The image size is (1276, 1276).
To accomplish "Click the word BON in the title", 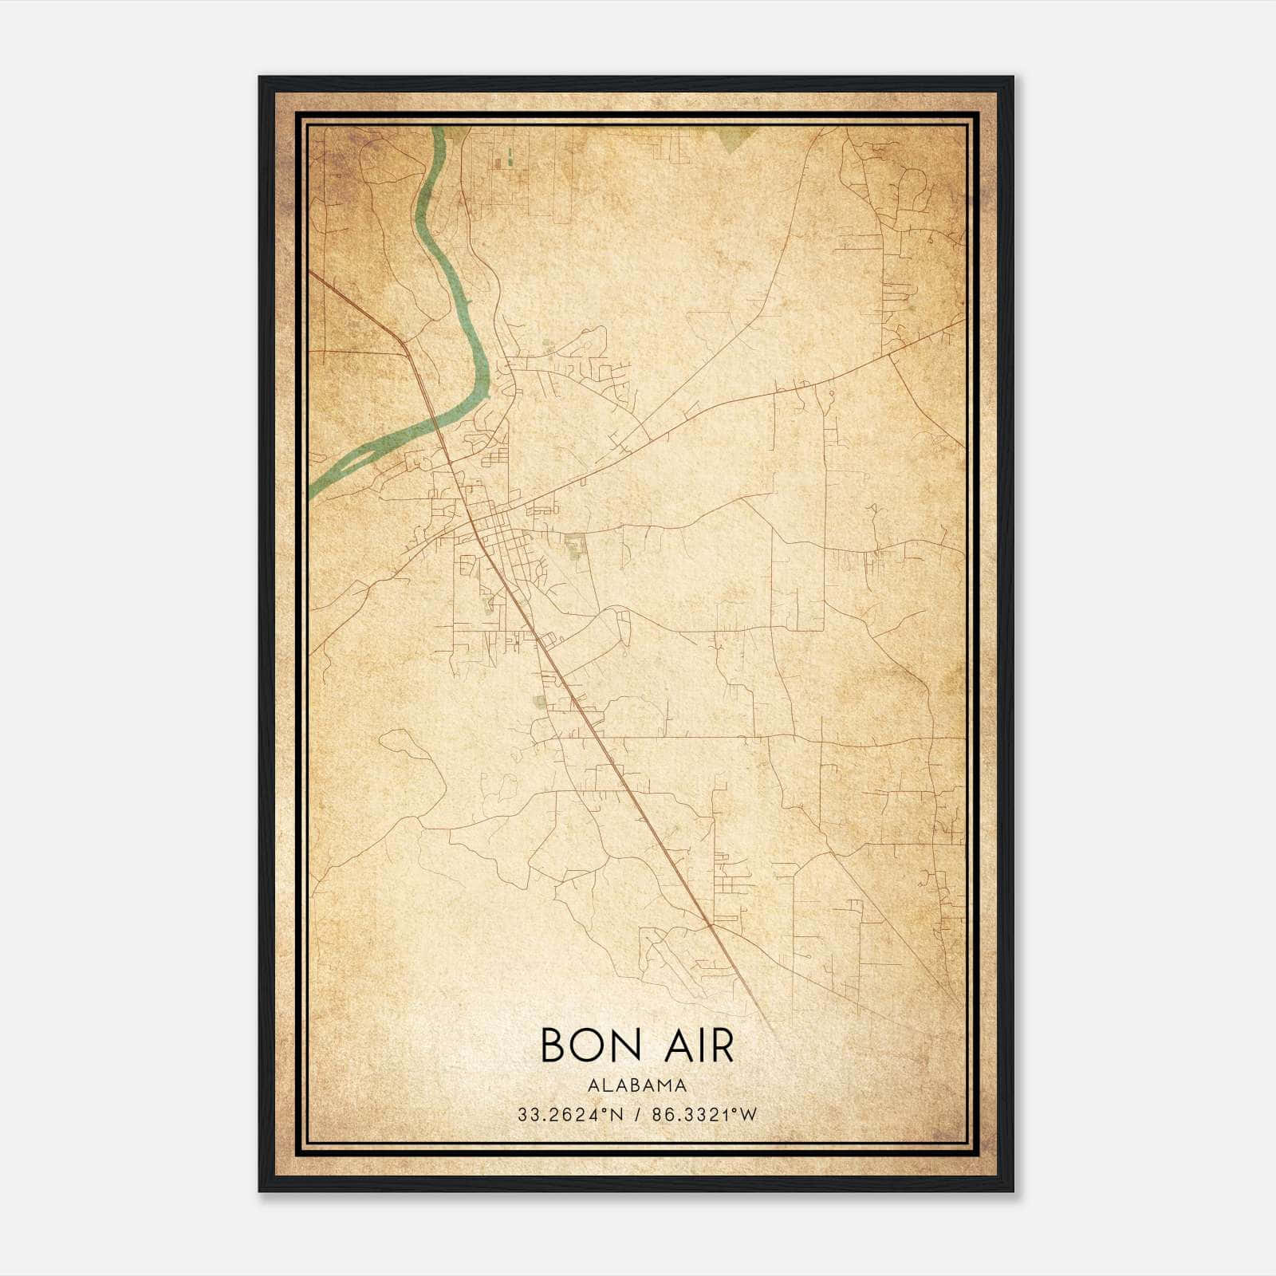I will click(x=589, y=1045).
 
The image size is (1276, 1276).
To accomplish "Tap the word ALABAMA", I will click(x=637, y=1085).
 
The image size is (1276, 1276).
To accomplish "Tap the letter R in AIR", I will click(x=720, y=1045).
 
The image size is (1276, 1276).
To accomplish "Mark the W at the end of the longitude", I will click(x=748, y=1115).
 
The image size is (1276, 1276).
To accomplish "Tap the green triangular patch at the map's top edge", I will click(x=734, y=138).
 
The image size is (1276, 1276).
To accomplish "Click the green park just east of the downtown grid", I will click(x=573, y=546).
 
